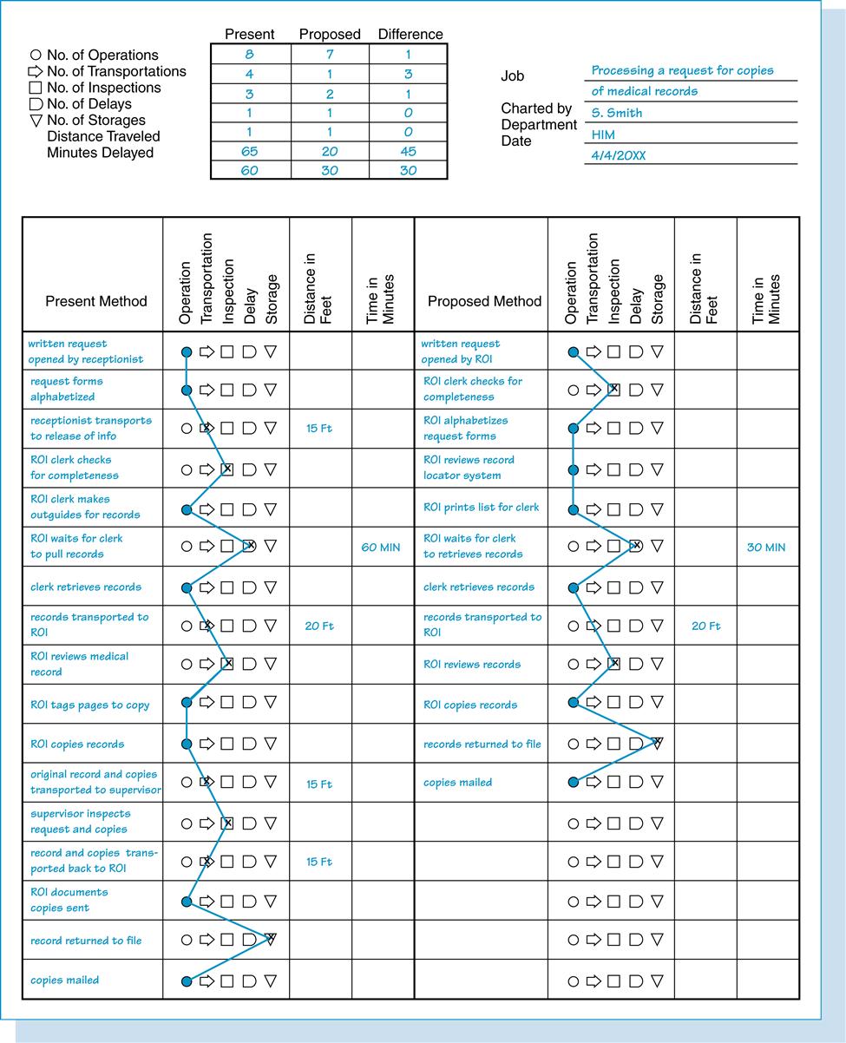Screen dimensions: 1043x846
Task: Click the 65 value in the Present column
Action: point(249,151)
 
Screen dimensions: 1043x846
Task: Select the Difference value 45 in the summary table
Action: point(408,151)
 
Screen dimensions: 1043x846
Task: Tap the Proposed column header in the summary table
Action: point(329,35)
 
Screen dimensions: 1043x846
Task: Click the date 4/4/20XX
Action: point(618,155)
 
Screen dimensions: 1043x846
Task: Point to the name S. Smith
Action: point(617,113)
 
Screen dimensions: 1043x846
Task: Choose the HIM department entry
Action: point(603,134)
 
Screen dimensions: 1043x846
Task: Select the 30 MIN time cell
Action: point(765,548)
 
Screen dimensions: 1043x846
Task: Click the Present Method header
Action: point(96,301)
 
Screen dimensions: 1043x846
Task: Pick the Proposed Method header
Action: point(484,301)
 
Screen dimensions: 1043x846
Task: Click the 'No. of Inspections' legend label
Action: point(103,88)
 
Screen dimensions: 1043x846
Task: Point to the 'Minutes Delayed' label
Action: point(100,153)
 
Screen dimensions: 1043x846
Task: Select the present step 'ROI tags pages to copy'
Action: point(90,705)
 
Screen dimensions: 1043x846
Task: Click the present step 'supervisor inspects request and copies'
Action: point(80,822)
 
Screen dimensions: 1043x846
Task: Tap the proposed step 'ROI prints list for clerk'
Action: point(481,508)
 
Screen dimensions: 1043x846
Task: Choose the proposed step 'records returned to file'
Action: point(482,745)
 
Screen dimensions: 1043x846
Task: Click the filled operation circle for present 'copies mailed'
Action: point(186,981)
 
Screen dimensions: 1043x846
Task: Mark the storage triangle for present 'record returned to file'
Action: point(270,939)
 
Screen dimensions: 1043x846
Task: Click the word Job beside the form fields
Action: point(513,76)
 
